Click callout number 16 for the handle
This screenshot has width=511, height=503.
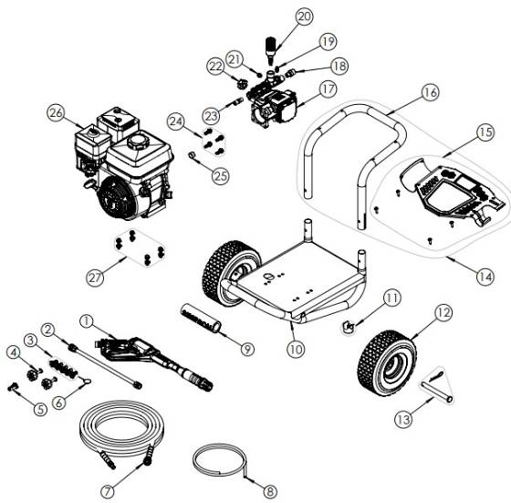pos(430,92)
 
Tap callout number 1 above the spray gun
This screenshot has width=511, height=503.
pos(88,321)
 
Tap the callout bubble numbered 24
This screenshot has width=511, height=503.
pos(174,121)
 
